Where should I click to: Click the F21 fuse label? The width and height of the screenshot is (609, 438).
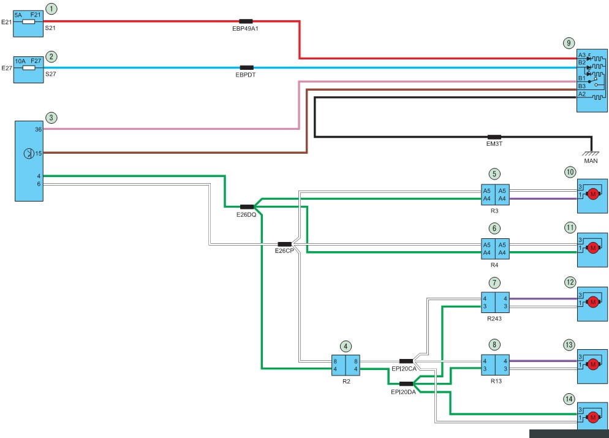coord(36,15)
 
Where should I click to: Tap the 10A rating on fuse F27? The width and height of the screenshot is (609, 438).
coord(20,61)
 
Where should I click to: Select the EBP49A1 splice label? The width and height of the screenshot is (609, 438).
coord(245,28)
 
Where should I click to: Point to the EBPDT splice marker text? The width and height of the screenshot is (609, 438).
coord(246,75)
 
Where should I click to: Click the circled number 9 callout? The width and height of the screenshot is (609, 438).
coord(569,43)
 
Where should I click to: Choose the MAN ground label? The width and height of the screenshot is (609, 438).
coord(591,160)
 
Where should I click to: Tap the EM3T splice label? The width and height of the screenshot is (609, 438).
coord(494,144)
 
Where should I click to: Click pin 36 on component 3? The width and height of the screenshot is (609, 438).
coord(38,129)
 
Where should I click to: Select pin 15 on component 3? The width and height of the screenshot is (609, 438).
coord(38,153)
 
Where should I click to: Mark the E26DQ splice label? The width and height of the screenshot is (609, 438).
coord(246,214)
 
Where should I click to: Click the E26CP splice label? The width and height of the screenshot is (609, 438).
coord(284,251)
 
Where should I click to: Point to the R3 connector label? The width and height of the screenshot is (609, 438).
coord(494,211)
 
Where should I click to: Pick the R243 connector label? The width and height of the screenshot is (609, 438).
coord(494,319)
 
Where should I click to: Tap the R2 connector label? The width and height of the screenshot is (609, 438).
coord(346,381)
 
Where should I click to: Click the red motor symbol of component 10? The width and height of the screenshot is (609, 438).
coord(592,194)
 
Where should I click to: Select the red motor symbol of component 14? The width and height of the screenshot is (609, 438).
coord(592,418)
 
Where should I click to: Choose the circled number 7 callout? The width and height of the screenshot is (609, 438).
coord(494,282)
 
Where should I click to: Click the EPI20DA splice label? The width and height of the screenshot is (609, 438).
coord(403,392)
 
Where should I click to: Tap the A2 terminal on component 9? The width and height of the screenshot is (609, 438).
coord(582,94)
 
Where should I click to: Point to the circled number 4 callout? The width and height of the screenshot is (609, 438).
coord(346,346)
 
